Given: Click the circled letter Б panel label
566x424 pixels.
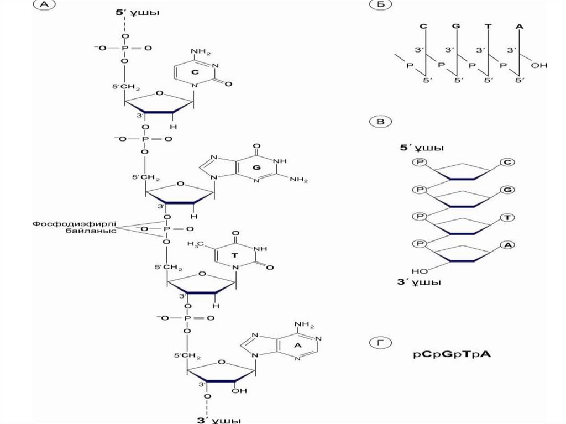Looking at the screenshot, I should point(381,5).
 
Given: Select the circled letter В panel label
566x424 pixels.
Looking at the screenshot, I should point(381,121).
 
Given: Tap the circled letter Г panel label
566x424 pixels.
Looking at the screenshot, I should point(381,343).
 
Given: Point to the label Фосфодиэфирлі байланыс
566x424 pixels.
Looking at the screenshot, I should point(74,228).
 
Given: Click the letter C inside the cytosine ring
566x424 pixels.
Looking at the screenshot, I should point(194,72).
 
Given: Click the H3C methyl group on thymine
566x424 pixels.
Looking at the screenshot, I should point(196,243).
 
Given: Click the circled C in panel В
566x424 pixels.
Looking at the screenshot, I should point(506,162).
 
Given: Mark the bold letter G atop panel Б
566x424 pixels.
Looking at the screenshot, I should point(455,26).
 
